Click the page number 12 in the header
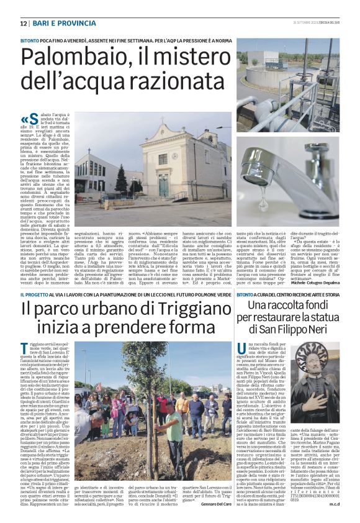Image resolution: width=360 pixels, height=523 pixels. [24, 23]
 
